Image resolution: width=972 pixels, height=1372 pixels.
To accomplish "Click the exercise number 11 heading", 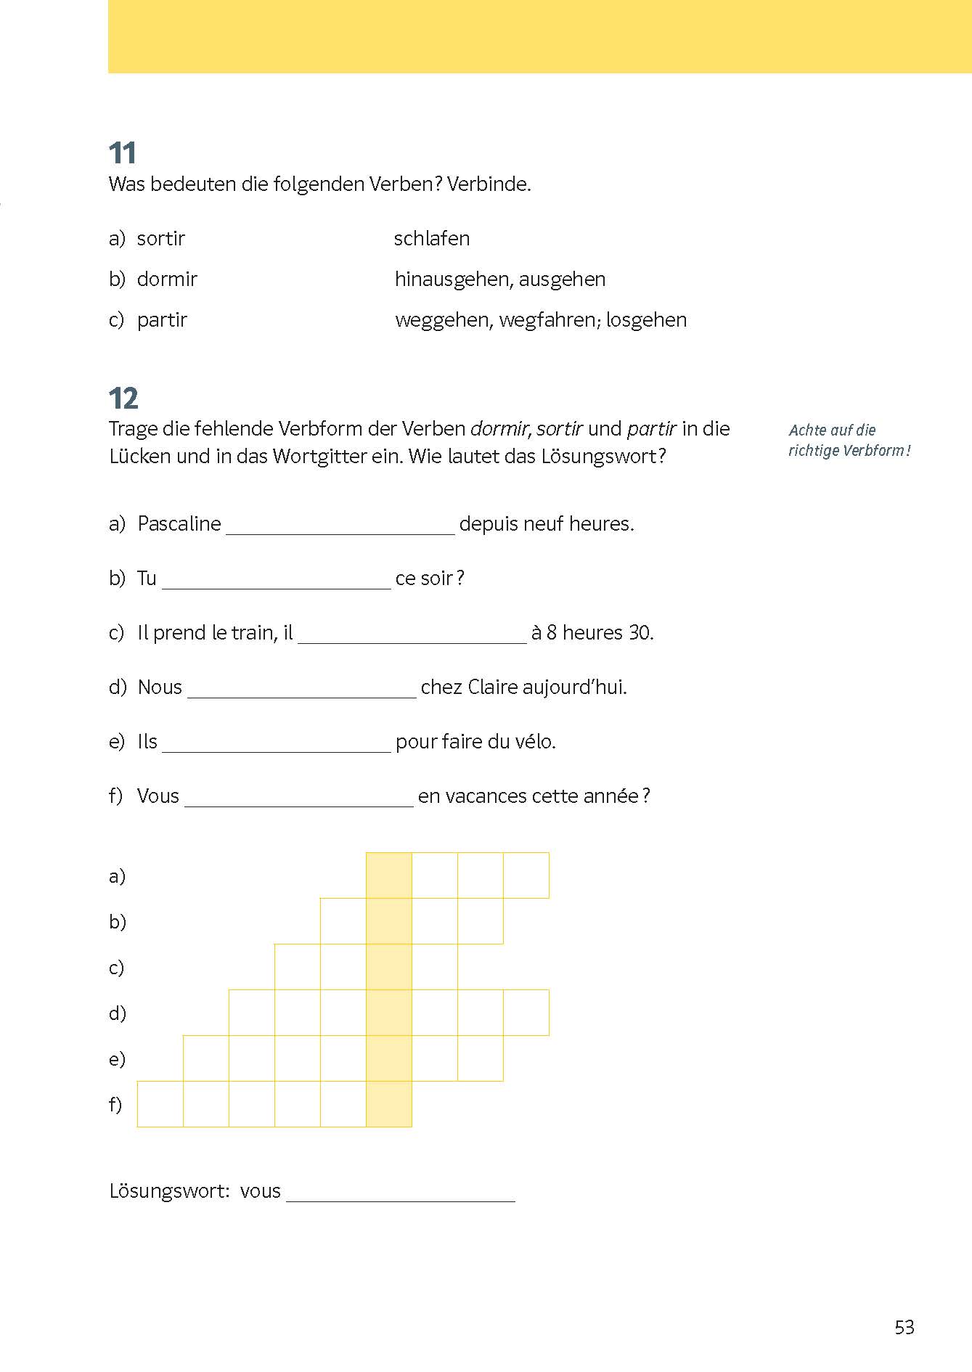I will pyautogui.click(x=123, y=153).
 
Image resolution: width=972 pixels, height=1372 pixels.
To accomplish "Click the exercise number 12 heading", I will pyautogui.click(x=123, y=399).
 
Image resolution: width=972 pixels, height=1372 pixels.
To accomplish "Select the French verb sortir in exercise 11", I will pyautogui.click(x=160, y=239).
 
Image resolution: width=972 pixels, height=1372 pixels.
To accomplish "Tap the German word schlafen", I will pyautogui.click(x=431, y=239).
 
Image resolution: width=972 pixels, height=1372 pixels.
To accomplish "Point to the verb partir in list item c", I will pyautogui.click(x=162, y=320).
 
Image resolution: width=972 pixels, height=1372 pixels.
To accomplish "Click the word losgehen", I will pyautogui.click(x=646, y=320).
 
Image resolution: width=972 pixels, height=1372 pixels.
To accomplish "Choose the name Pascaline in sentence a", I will pyautogui.click(x=179, y=524).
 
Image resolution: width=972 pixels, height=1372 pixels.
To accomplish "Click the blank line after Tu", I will pyautogui.click(x=276, y=584).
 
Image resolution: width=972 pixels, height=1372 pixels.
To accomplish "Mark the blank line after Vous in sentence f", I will pyautogui.click(x=298, y=802).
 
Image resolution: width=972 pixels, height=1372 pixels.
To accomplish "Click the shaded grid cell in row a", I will pyautogui.click(x=389, y=875).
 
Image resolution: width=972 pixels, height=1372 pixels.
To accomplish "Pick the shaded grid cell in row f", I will pyautogui.click(x=389, y=1104).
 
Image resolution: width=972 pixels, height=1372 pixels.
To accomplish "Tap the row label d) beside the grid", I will pyautogui.click(x=117, y=1013).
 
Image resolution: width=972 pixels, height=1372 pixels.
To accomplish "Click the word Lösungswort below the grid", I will pyautogui.click(x=169, y=1191).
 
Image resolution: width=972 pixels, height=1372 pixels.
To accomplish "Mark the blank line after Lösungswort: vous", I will pyautogui.click(x=401, y=1197).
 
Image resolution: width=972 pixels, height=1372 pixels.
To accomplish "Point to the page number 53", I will pyautogui.click(x=904, y=1328).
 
